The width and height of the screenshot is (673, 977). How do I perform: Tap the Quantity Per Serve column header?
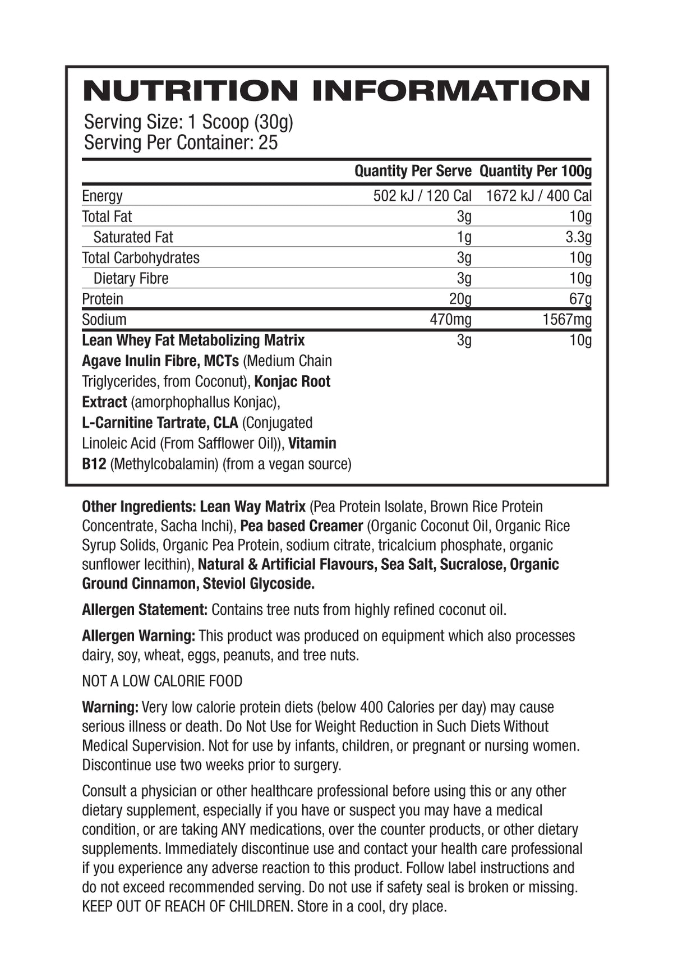click(x=413, y=171)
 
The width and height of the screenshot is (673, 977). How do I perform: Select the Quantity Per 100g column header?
click(x=536, y=171)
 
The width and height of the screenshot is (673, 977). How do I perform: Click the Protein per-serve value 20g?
click(x=460, y=299)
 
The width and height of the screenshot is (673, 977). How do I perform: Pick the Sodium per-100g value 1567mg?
click(x=566, y=320)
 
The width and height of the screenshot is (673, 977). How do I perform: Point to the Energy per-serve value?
click(x=422, y=196)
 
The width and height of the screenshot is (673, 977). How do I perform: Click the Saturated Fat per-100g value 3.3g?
click(x=578, y=237)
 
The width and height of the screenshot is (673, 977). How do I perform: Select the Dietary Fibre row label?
click(x=131, y=278)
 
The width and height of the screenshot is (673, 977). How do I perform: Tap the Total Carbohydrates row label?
click(x=141, y=258)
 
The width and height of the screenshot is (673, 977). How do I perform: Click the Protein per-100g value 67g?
click(x=580, y=299)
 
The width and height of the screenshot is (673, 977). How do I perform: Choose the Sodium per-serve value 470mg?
click(x=450, y=320)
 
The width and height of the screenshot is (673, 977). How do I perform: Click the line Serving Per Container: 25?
click(x=181, y=142)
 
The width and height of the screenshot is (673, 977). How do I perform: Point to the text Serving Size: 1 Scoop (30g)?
click(x=188, y=122)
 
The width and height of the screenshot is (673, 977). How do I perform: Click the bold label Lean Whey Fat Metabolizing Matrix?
click(x=193, y=340)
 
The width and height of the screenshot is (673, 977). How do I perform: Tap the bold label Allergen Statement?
click(x=145, y=610)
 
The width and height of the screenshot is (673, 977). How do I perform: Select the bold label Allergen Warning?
click(x=139, y=636)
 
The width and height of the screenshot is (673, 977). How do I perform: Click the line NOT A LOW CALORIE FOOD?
click(x=162, y=681)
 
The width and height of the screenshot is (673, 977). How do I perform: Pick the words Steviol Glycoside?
click(x=259, y=584)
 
